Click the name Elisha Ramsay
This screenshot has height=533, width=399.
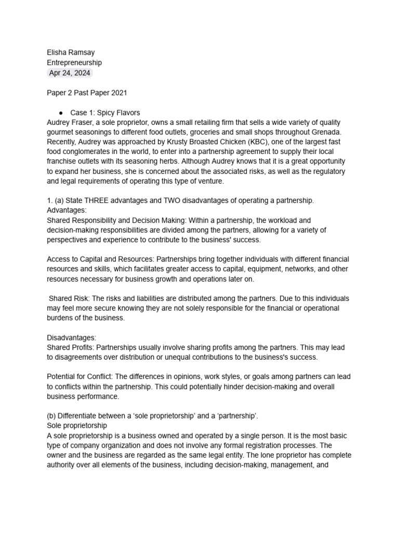(x=71, y=53)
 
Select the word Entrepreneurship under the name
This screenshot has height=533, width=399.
(x=74, y=62)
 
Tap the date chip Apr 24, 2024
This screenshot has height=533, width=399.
(x=69, y=73)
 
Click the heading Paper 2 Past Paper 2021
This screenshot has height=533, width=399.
(x=87, y=93)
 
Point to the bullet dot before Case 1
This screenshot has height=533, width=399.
(x=61, y=112)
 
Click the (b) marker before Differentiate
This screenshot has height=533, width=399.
(x=51, y=415)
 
